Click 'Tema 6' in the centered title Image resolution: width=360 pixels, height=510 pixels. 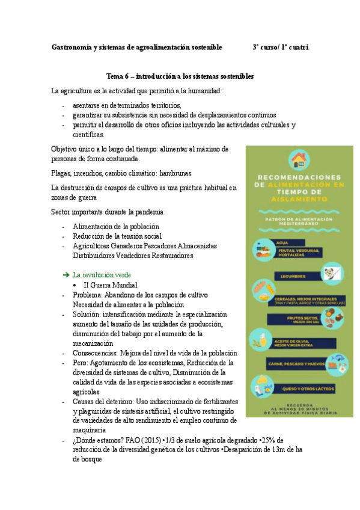click(118, 77)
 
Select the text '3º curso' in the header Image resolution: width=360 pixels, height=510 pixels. click(266, 47)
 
